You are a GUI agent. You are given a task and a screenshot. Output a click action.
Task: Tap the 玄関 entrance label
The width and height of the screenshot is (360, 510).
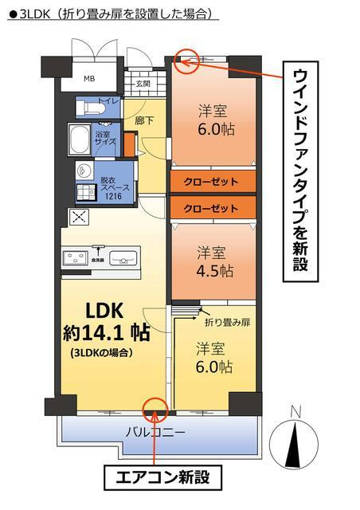pos(143,83)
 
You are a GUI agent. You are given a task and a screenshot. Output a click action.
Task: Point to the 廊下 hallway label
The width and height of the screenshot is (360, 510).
pos(144,121)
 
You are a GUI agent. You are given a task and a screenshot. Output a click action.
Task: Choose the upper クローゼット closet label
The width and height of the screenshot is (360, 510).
pos(211,182)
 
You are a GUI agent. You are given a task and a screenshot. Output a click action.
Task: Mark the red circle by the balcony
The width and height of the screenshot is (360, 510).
pos(153,410)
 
